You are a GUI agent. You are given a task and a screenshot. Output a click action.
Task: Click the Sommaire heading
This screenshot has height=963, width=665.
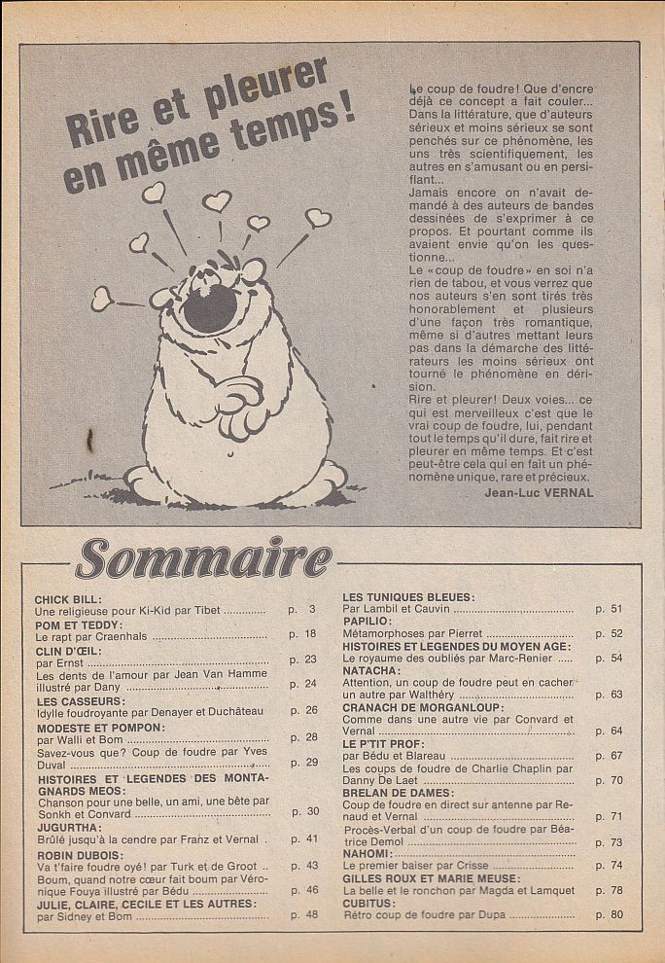pyautogui.click(x=204, y=559)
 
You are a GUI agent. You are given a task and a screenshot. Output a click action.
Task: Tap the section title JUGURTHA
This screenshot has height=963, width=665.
pyautogui.click(x=70, y=826)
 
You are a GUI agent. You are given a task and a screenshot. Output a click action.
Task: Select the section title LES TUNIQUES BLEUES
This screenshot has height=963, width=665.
pyautogui.click(x=408, y=595)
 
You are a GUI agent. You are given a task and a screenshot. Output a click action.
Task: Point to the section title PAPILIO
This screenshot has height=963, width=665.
pyautogui.click(x=367, y=620)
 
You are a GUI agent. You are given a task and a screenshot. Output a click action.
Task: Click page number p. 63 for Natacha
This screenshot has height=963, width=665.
pyautogui.click(x=609, y=695)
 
